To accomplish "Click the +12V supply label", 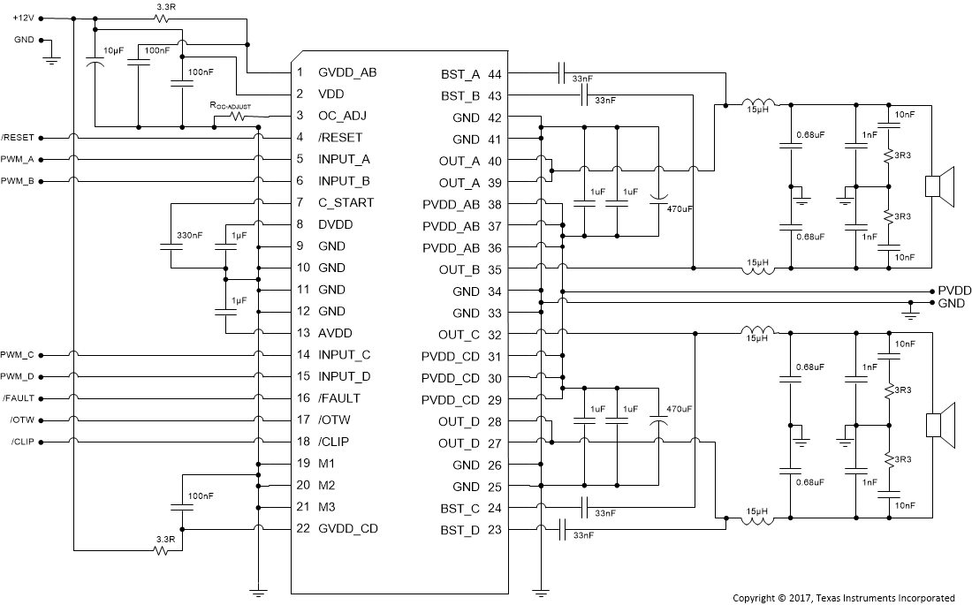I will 23,18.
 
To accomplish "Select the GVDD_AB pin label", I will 347,72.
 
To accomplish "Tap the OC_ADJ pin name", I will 341,116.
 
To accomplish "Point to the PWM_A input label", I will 18,159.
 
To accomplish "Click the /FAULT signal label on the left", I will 18,397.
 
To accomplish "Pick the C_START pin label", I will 346,202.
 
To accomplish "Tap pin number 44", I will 495,73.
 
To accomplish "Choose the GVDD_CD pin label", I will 348,528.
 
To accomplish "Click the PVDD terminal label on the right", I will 954,291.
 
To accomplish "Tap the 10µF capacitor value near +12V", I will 113,50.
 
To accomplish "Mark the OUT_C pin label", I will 459,335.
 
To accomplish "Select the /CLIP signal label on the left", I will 22,442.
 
